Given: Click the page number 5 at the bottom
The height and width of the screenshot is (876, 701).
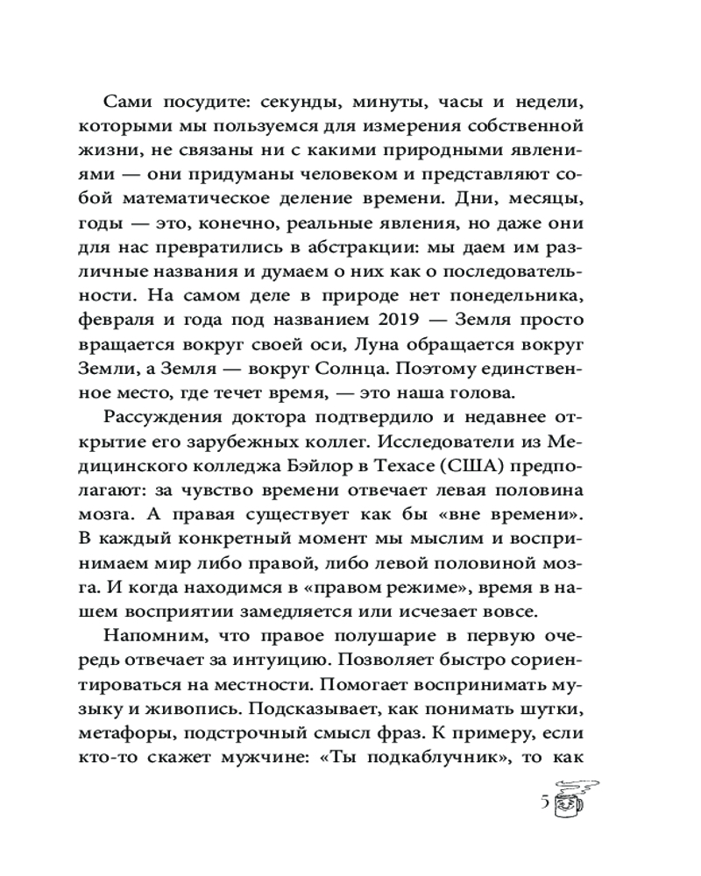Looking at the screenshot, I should (547, 803).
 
